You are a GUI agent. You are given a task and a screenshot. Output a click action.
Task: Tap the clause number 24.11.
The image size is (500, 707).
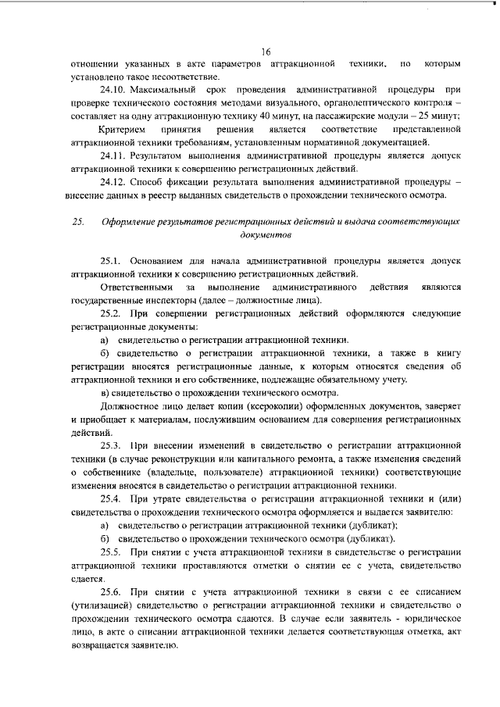(113, 155)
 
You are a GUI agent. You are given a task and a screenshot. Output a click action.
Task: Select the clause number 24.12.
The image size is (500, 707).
(113, 182)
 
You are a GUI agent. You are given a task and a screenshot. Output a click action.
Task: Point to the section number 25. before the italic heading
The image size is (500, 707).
(77, 221)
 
